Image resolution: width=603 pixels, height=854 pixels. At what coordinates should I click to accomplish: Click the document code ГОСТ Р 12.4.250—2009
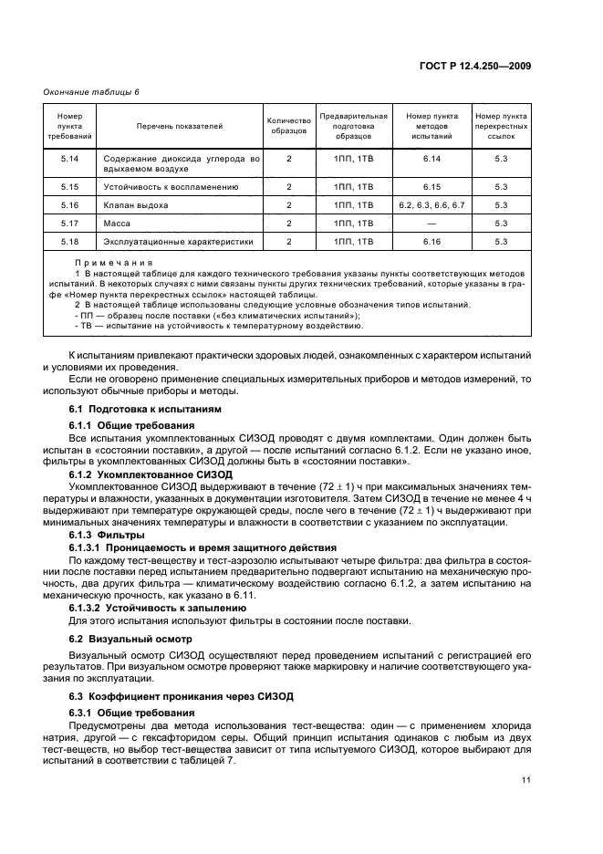click(488, 65)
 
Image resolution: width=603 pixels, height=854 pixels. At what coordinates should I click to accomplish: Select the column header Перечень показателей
click(180, 126)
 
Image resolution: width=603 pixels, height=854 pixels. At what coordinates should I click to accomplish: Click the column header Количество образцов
click(288, 126)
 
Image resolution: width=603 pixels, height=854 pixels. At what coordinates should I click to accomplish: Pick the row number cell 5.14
click(69, 159)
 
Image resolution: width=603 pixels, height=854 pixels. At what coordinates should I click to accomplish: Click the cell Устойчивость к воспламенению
click(171, 187)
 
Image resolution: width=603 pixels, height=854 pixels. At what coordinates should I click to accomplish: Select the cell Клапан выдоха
click(136, 205)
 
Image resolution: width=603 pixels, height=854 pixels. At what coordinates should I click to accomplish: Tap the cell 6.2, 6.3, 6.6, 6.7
click(431, 205)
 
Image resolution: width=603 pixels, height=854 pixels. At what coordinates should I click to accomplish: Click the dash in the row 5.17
click(431, 224)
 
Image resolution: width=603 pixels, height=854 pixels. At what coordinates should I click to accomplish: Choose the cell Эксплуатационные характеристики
click(178, 242)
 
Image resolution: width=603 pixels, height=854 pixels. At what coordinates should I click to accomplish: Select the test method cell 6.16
click(431, 242)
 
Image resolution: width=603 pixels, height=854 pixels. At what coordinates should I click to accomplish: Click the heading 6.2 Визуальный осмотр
click(126, 637)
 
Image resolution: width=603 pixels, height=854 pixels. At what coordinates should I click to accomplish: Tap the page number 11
click(526, 780)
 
